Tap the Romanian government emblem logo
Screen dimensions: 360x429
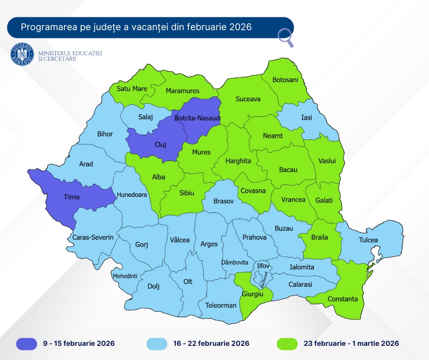(22, 54)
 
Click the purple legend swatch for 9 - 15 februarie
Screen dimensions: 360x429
(30, 344)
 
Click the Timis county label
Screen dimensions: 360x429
(71, 197)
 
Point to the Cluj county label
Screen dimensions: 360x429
(160, 145)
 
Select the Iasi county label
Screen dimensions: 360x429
(307, 118)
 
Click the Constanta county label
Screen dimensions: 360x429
(342, 299)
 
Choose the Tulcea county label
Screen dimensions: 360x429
(368, 240)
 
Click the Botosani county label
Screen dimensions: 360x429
(285, 80)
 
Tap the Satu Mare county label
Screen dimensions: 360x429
(132, 89)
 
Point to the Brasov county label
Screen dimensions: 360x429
(224, 201)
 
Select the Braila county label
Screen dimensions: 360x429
(320, 238)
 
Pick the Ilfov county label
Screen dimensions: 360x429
(263, 265)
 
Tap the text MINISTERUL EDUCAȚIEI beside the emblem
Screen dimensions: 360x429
(70, 53)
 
